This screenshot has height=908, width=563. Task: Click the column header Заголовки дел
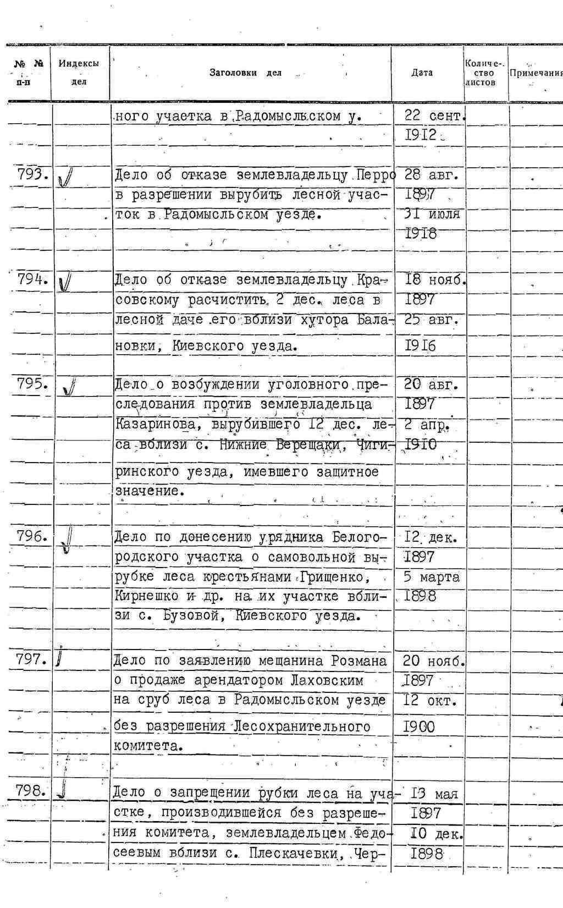coord(245,73)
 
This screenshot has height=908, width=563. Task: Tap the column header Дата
coord(422,73)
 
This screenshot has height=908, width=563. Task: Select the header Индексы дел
coord(79,73)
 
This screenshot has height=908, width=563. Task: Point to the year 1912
coord(421,135)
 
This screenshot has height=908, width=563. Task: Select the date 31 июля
coord(432,214)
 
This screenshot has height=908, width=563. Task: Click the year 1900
coord(420,727)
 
